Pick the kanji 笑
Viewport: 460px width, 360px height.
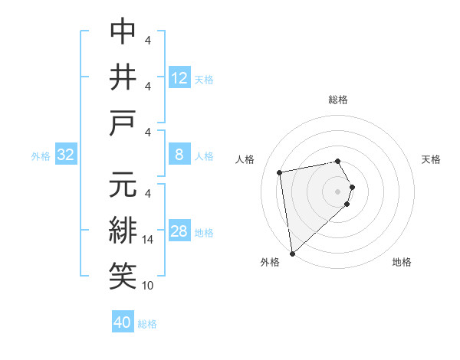point(123,276)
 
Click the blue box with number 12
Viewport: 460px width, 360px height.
point(179,77)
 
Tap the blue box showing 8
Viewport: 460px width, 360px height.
point(179,155)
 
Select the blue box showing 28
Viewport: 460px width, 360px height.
point(179,232)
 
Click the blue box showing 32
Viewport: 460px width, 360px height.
point(66,155)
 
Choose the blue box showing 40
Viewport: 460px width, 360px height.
point(123,322)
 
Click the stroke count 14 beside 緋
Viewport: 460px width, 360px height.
point(149,240)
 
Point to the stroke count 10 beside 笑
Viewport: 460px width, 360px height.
point(149,286)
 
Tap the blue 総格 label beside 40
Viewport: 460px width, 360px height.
point(147,324)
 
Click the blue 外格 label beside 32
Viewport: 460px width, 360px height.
point(41,156)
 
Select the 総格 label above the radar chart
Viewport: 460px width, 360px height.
point(338,100)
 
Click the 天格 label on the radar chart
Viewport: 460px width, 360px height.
point(432,159)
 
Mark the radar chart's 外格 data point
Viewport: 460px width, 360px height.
point(292,253)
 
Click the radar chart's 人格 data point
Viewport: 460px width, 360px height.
point(280,172)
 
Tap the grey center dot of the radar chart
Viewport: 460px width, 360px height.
point(338,190)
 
